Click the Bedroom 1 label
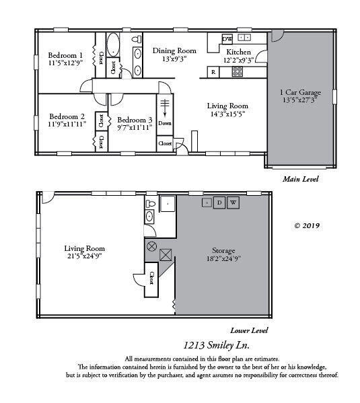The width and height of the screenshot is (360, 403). click(65, 55)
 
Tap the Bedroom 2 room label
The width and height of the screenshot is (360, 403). click(67, 116)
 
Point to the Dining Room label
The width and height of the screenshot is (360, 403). click(174, 50)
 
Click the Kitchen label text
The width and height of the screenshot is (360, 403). click(238, 52)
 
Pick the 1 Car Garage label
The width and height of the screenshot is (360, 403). click(299, 91)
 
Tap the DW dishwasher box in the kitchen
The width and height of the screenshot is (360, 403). click(227, 38)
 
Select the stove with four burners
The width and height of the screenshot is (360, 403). click(238, 71)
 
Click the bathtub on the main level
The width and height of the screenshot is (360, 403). click(114, 46)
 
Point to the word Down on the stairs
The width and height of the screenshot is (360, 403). click(165, 123)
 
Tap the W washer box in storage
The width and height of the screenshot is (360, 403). click(233, 203)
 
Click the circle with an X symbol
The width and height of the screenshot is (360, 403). click(152, 246)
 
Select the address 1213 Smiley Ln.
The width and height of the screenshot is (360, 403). click(217, 345)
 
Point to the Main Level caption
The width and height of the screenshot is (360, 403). click(300, 180)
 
